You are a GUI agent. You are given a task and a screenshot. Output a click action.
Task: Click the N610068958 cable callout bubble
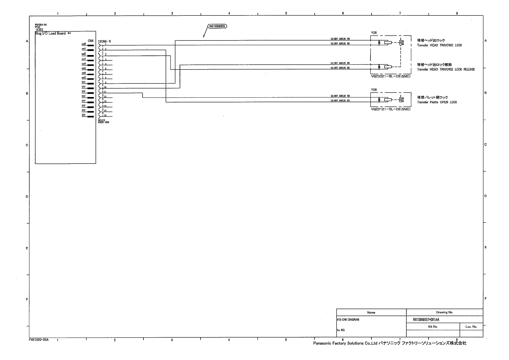click(x=217, y=26)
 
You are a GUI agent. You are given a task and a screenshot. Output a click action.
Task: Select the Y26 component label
click(x=374, y=33)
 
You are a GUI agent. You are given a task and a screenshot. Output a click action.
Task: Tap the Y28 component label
click(x=374, y=90)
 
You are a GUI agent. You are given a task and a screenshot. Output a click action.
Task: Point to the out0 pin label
click(x=84, y=44)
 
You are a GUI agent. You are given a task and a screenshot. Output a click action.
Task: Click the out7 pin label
click(x=84, y=77)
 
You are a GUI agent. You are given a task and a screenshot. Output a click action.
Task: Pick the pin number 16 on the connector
click(x=105, y=115)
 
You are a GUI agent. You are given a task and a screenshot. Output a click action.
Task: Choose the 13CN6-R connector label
click(x=104, y=41)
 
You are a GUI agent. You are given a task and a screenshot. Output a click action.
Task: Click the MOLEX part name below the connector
click(x=101, y=120)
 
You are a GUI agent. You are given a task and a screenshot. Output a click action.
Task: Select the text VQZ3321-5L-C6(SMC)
click(x=391, y=76)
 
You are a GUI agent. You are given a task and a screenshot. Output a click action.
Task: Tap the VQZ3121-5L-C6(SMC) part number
click(x=391, y=109)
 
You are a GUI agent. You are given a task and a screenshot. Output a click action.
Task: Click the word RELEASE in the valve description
click(x=469, y=70)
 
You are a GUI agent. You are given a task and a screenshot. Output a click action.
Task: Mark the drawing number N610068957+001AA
click(x=426, y=319)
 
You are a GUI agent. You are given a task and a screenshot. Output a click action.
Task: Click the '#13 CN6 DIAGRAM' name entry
click(x=348, y=319)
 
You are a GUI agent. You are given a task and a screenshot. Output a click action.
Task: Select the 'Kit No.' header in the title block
click(x=433, y=326)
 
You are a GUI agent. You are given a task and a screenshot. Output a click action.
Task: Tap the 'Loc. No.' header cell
click(x=471, y=326)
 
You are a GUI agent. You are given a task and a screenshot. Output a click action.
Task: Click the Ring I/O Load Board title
click(x=50, y=33)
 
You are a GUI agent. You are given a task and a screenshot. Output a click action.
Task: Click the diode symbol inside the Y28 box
click(x=379, y=99)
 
